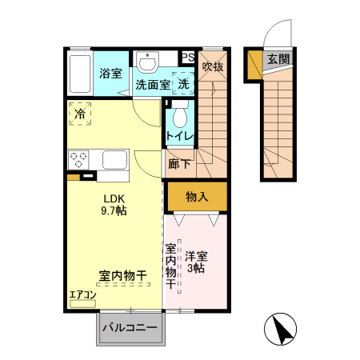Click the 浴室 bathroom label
pos(111,74)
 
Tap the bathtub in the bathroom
pos(80,72)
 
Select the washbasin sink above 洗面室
pos(147,62)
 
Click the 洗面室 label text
pos(151,83)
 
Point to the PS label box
pos(187,57)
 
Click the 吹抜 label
pos(212,66)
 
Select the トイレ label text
pos(180,137)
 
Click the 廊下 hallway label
pos(180,164)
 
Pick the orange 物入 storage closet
pos(197,196)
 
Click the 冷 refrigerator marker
pos(80,114)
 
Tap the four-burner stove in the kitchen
pos(80,158)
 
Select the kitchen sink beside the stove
pos(111,161)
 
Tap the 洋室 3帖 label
pos(196,262)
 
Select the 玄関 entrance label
pos(278,59)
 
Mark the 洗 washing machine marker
pos(183,83)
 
